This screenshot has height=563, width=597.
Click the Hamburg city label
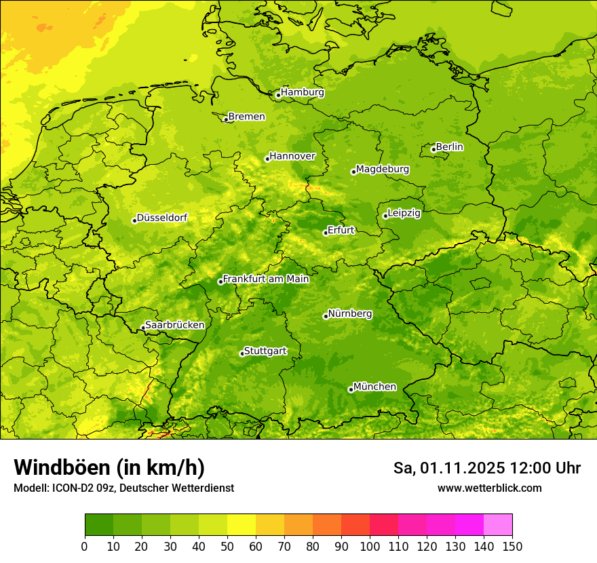pyautogui.click(x=303, y=92)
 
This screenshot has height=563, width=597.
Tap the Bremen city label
pyautogui.click(x=247, y=117)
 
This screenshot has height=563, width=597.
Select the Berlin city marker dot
pyautogui.click(x=434, y=149)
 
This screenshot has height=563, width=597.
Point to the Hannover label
pyautogui.click(x=292, y=156)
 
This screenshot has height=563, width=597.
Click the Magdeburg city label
pyautogui.click(x=383, y=169)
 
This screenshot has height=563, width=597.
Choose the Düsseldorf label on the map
pyautogui.click(x=162, y=218)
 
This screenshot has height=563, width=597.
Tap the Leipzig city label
pyautogui.click(x=404, y=213)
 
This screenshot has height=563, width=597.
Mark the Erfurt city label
pyautogui.click(x=341, y=230)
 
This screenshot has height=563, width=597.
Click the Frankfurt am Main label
pyautogui.click(x=266, y=279)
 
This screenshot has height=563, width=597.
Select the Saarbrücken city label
pyautogui.click(x=175, y=325)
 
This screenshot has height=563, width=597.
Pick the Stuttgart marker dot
pyautogui.click(x=242, y=353)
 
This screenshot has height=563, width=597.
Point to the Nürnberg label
pyautogui.click(x=350, y=314)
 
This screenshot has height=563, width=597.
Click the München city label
pyautogui.click(x=374, y=387)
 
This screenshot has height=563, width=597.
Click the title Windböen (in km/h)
pyautogui.click(x=109, y=467)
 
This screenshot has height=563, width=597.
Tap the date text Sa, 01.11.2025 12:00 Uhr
pyautogui.click(x=486, y=468)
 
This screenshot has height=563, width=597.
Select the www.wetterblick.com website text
pyautogui.click(x=489, y=488)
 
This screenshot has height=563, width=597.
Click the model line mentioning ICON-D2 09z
pyautogui.click(x=123, y=488)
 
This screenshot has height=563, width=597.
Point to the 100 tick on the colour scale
pyautogui.click(x=370, y=545)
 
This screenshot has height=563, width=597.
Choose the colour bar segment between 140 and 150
pyautogui.click(x=498, y=524)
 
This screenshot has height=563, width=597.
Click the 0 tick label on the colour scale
pyautogui.click(x=85, y=545)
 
